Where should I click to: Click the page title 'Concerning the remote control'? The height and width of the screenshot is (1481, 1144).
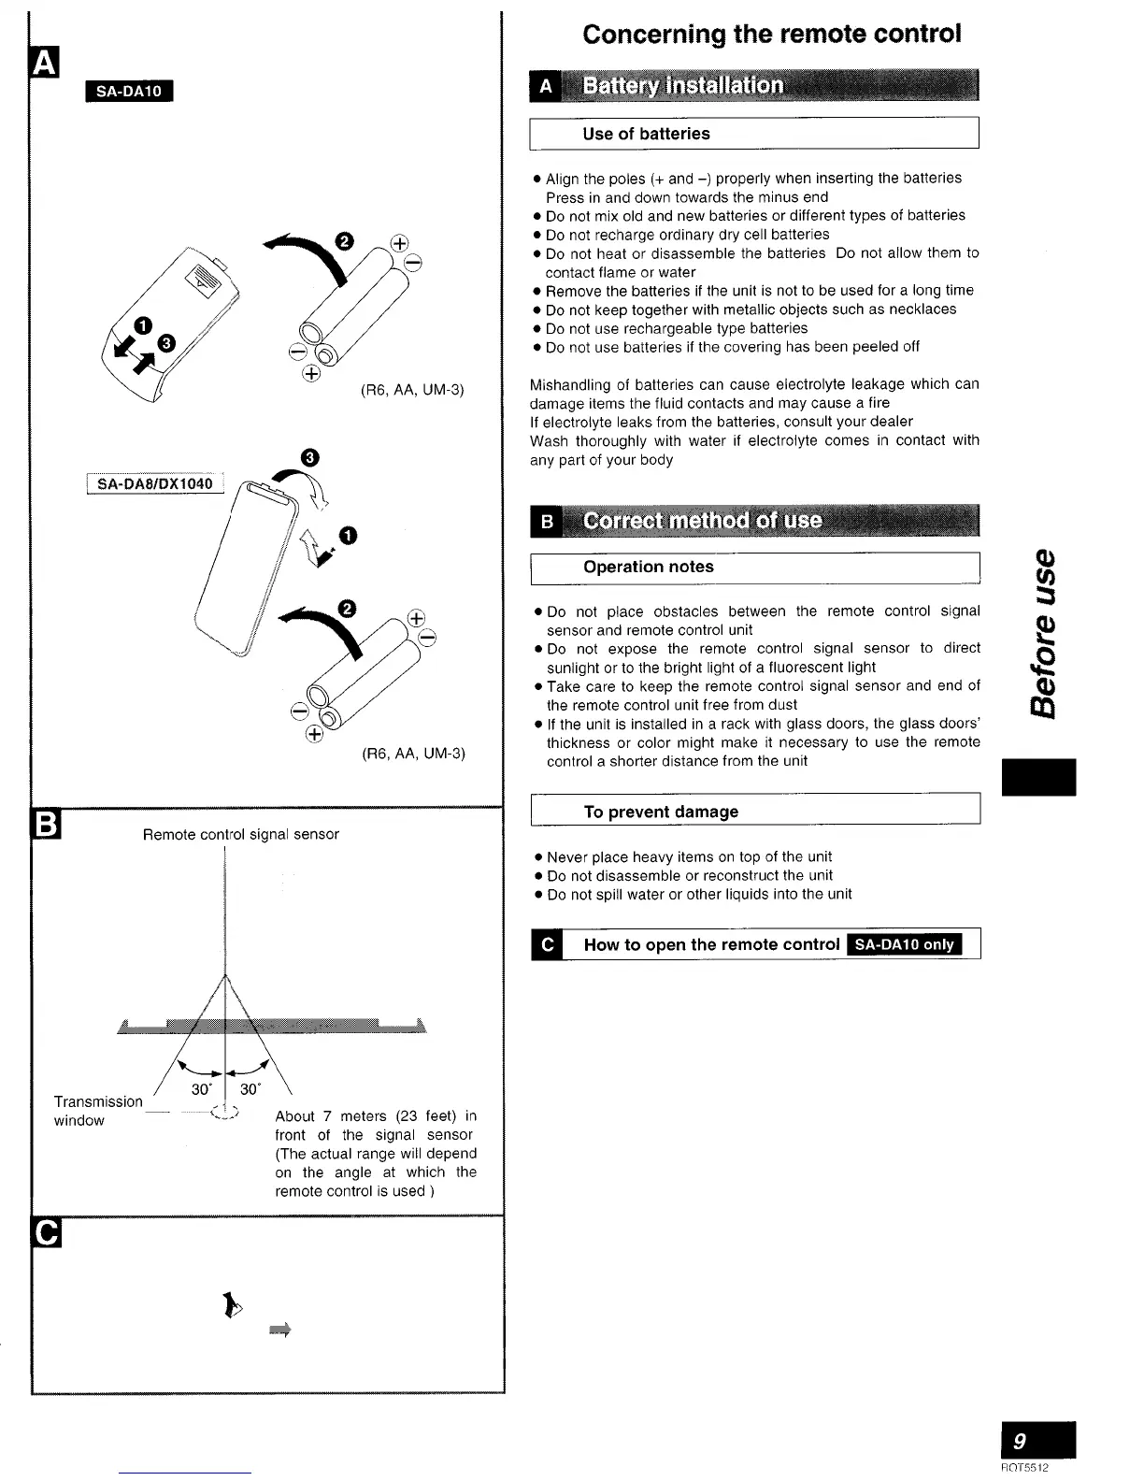point(771,35)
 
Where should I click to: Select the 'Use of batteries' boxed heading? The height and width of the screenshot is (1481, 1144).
point(646,134)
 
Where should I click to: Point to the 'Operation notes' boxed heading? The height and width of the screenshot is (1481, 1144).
point(648,567)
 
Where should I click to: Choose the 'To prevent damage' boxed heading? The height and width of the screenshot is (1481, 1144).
point(661,812)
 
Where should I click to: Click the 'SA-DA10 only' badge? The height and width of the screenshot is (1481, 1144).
point(904,944)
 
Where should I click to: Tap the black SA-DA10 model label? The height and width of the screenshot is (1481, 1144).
point(129,91)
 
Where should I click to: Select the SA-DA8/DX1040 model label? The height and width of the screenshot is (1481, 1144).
point(155,483)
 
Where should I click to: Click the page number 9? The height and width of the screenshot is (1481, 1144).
point(1037,1440)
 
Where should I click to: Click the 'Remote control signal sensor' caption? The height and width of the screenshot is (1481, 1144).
point(240,834)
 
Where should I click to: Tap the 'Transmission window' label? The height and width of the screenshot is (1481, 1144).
point(97,1111)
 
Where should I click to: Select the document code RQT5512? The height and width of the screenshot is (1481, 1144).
point(1024,1468)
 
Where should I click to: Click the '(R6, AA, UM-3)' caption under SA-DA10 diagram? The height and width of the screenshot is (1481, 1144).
point(412,390)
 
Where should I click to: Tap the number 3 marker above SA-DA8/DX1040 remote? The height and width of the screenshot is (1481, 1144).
point(310,456)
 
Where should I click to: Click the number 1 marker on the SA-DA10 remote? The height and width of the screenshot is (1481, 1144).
point(142,324)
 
